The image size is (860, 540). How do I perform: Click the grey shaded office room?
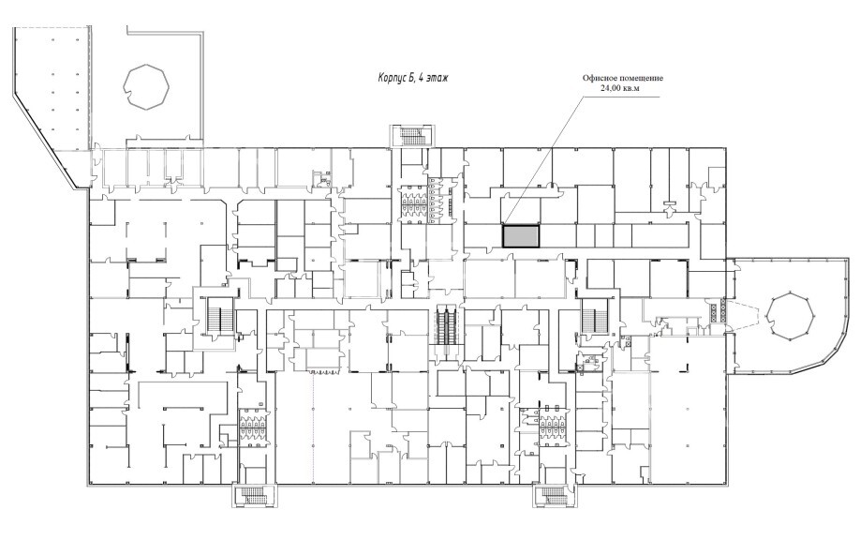click(522, 236)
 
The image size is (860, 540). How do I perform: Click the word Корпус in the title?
click(392, 78)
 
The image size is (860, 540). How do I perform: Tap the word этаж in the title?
click(437, 78)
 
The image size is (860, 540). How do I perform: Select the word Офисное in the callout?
click(599, 78)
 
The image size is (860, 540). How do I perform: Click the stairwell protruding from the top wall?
click(413, 136)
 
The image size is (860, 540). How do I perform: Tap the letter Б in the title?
click(411, 78)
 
